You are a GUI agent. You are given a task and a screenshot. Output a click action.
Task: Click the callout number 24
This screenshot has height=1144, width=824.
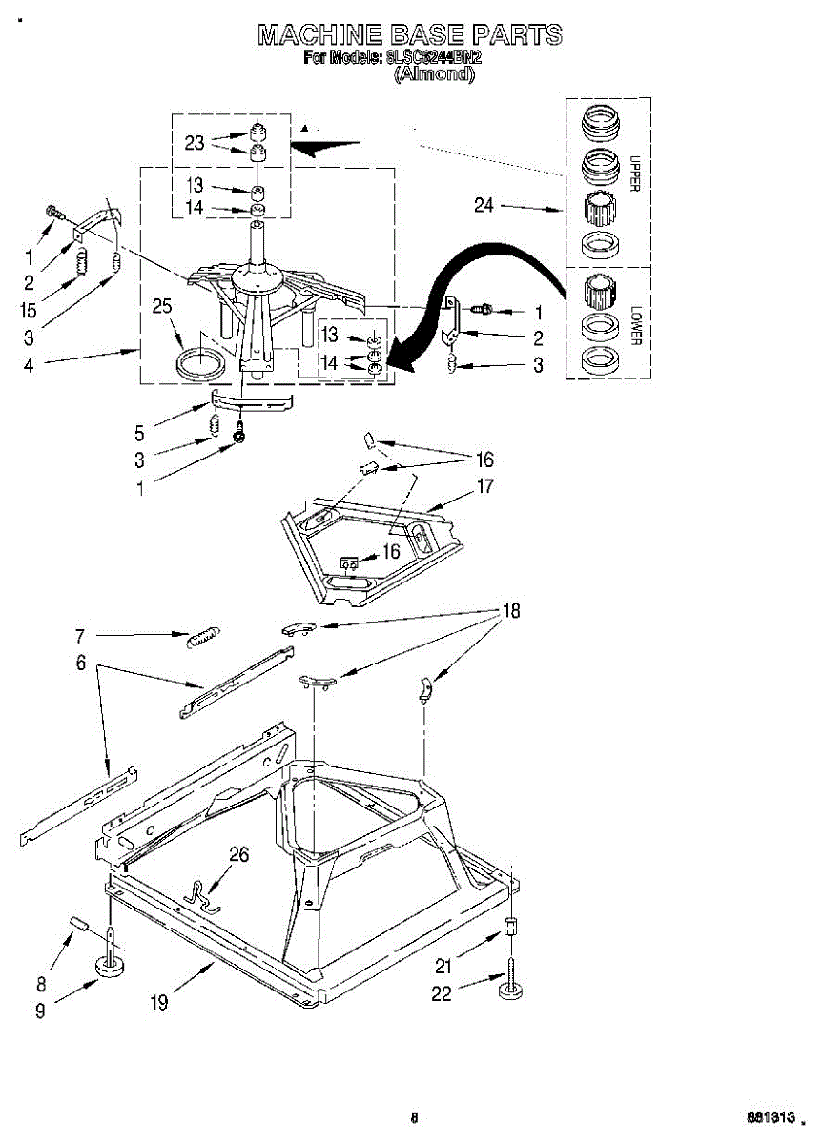tap(484, 205)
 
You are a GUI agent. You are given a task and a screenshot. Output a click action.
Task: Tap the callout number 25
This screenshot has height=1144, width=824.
tap(162, 306)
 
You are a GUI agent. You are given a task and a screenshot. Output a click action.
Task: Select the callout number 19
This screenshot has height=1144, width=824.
tap(160, 1002)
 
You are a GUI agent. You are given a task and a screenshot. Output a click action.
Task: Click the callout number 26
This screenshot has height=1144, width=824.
tap(238, 855)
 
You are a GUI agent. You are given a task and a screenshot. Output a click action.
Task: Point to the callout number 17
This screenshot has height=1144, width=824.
tap(484, 486)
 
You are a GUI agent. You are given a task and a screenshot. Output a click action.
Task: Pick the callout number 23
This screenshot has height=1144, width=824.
tap(195, 143)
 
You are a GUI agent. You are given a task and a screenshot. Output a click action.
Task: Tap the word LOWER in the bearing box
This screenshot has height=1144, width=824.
tap(632, 325)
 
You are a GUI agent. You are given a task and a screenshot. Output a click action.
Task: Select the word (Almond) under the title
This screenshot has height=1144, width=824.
tap(434, 74)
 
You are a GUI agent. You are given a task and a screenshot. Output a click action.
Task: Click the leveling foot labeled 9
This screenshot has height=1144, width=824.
tap(113, 967)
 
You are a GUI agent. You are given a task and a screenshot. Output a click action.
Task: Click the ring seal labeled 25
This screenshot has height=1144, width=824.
tap(202, 362)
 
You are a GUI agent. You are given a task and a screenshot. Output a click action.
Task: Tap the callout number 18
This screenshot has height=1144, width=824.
tap(512, 611)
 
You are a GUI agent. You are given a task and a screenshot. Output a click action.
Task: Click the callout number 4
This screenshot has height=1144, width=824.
tap(29, 364)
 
